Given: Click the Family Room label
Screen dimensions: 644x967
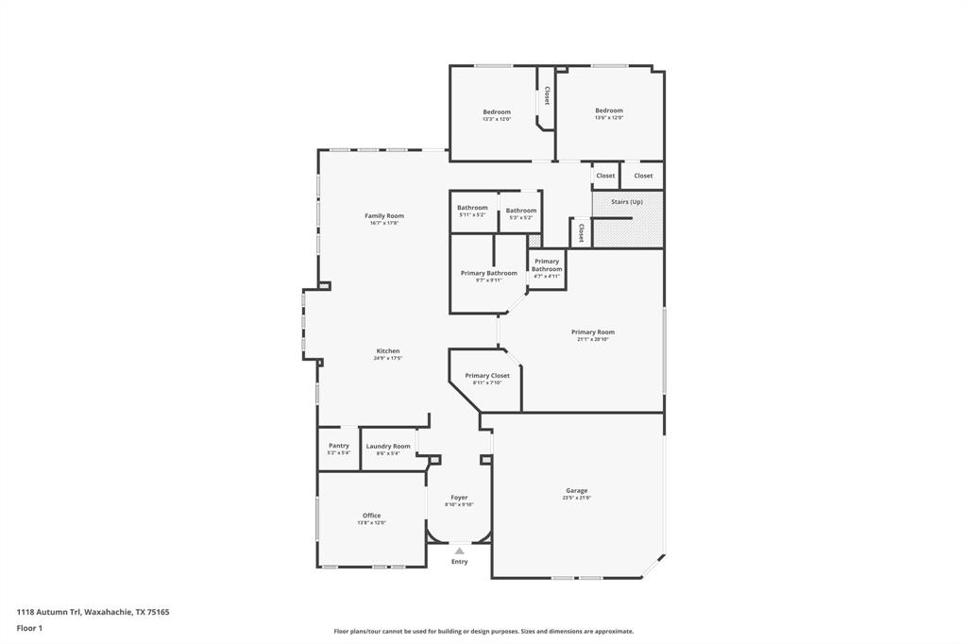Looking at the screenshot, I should point(383,216).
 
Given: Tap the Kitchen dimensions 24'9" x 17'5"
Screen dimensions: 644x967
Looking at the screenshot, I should point(387,359).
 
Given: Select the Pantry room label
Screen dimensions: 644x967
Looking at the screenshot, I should point(339,446).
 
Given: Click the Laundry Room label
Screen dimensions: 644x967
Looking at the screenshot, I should point(388,447).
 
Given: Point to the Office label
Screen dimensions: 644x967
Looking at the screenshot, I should point(371,516).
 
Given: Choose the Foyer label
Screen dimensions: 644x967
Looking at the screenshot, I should point(459,498).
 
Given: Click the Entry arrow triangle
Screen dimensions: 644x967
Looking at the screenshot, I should point(459,551).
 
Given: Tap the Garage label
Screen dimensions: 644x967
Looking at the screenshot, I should point(576,491).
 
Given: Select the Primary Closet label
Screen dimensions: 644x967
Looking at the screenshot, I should point(487,376).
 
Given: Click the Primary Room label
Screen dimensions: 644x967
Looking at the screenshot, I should point(592,332).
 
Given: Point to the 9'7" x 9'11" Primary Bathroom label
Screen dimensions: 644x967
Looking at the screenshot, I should point(488,274).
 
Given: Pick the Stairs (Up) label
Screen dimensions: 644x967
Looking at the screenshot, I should point(627,202).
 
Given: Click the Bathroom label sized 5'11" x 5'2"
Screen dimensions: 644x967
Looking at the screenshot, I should point(472,208).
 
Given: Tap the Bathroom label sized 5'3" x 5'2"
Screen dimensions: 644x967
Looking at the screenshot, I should point(520,211).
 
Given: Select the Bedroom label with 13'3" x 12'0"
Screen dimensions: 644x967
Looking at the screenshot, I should point(497,112).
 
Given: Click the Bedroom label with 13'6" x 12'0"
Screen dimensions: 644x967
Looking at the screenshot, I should point(608,110).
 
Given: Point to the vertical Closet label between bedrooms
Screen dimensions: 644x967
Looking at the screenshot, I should point(547,95).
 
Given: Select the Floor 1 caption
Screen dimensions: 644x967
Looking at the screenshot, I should point(29,628).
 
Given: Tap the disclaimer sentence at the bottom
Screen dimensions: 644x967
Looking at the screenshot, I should point(483,632).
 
